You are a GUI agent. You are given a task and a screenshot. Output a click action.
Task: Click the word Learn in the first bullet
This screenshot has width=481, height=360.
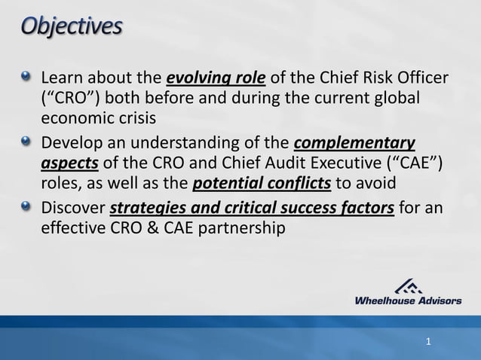click(63, 80)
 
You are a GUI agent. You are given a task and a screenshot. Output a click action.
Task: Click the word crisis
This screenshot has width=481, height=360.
click(133, 119)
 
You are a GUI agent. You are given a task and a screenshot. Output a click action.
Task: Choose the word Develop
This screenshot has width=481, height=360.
click(72, 143)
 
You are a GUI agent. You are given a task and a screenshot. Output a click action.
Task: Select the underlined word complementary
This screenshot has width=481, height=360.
click(353, 143)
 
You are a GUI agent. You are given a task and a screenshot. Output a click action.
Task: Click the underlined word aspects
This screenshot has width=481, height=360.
click(70, 163)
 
